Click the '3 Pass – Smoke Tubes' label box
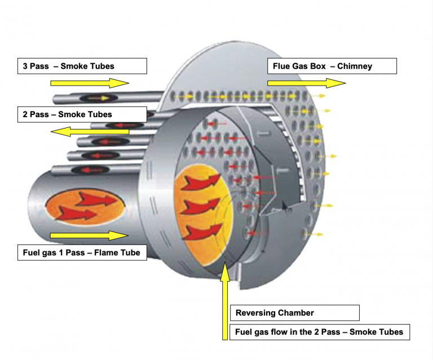point(82,66)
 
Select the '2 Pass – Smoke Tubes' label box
point(82,114)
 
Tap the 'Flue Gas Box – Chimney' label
point(332,66)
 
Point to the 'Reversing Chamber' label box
point(294,313)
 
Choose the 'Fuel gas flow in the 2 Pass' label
point(319,332)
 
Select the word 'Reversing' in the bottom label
point(255,313)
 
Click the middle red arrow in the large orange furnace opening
point(200,206)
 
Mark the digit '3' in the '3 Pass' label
point(25,66)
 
